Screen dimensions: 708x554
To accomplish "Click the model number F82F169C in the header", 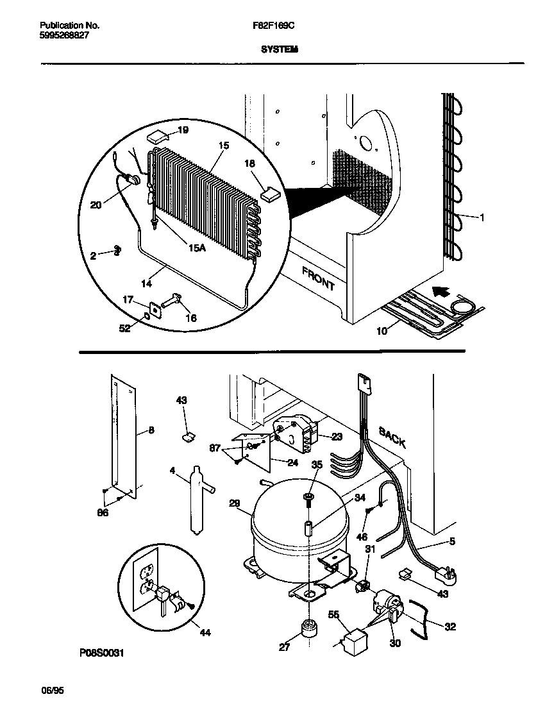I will tap(274, 26).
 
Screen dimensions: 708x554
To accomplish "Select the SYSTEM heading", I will tap(280, 48).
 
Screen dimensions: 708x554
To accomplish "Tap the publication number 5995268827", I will tap(64, 36).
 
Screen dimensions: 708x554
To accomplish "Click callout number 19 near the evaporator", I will tap(183, 130).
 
